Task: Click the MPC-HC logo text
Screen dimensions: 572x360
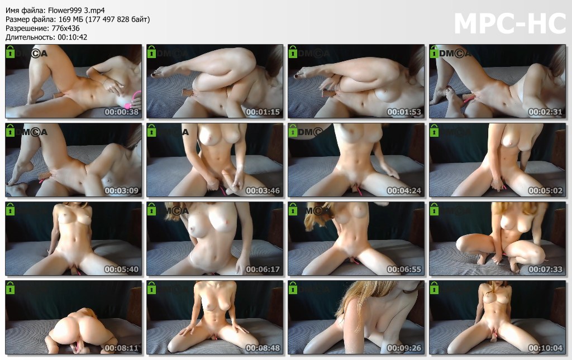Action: click(x=509, y=23)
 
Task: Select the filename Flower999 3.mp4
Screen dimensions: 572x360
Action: click(x=76, y=11)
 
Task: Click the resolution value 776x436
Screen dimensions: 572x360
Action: click(x=66, y=28)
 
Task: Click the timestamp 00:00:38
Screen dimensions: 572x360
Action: click(x=121, y=112)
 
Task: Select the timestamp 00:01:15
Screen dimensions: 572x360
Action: click(x=263, y=112)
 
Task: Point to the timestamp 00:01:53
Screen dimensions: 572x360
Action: click(x=404, y=112)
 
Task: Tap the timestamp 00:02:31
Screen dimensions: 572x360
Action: click(x=545, y=112)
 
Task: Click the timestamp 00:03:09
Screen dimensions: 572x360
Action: click(x=121, y=190)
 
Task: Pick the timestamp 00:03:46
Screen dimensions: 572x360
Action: click(x=263, y=190)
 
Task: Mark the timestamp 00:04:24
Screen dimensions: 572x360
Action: click(x=404, y=190)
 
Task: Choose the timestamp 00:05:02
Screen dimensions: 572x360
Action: click(x=545, y=190)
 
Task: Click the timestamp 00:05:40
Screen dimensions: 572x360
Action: click(x=121, y=269)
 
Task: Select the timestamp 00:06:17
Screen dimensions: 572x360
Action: click(x=263, y=269)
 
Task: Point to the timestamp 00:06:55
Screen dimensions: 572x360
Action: click(x=404, y=269)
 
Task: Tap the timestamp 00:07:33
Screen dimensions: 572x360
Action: click(x=545, y=269)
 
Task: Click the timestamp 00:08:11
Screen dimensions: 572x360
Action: click(x=121, y=348)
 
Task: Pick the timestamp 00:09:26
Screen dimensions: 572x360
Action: click(x=404, y=348)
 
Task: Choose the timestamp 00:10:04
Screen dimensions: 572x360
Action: click(x=545, y=348)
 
